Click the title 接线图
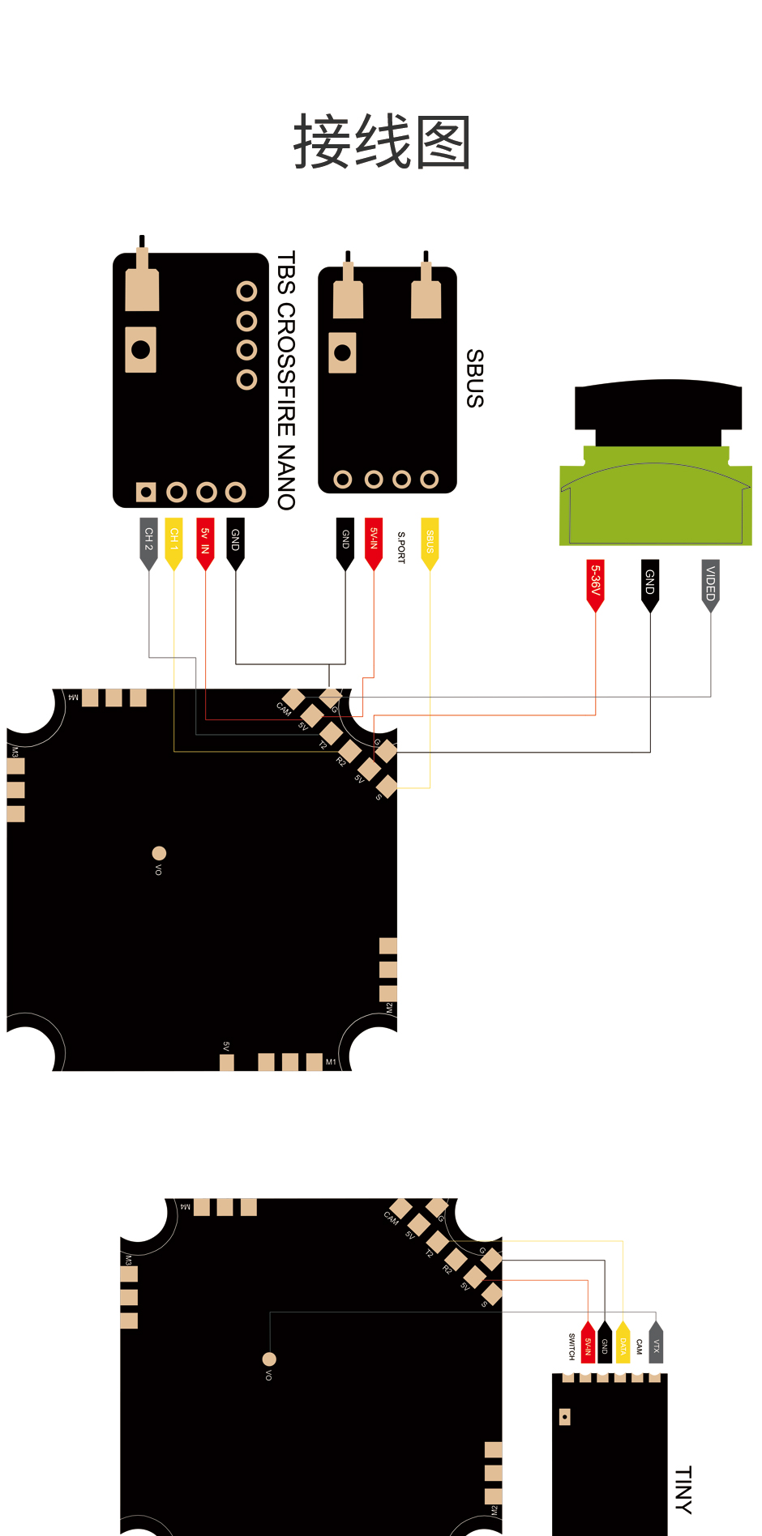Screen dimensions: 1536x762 click(x=382, y=143)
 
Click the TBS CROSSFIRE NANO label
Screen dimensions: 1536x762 click(x=286, y=380)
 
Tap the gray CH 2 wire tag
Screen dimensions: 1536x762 click(x=148, y=540)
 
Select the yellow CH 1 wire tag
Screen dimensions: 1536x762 click(x=173, y=540)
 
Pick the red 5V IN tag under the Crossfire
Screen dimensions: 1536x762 click(x=206, y=540)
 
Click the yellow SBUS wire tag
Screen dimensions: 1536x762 click(x=430, y=541)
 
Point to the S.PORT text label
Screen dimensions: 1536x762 click(x=401, y=547)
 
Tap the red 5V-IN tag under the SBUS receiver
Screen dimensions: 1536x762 click(x=374, y=540)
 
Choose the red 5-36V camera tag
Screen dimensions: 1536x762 click(x=596, y=582)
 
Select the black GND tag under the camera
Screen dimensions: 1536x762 click(x=650, y=582)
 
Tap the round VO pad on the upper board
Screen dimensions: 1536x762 click(x=159, y=853)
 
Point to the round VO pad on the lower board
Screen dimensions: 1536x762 click(x=269, y=1359)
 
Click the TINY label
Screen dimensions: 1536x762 click(x=683, y=1489)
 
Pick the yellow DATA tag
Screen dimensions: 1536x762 click(x=623, y=1345)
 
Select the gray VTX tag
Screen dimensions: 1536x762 click(x=656, y=1345)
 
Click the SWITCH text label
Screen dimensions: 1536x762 click(x=571, y=1346)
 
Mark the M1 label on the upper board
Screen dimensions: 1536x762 click(x=331, y=1062)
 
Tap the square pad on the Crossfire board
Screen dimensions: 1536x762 click(x=146, y=492)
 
